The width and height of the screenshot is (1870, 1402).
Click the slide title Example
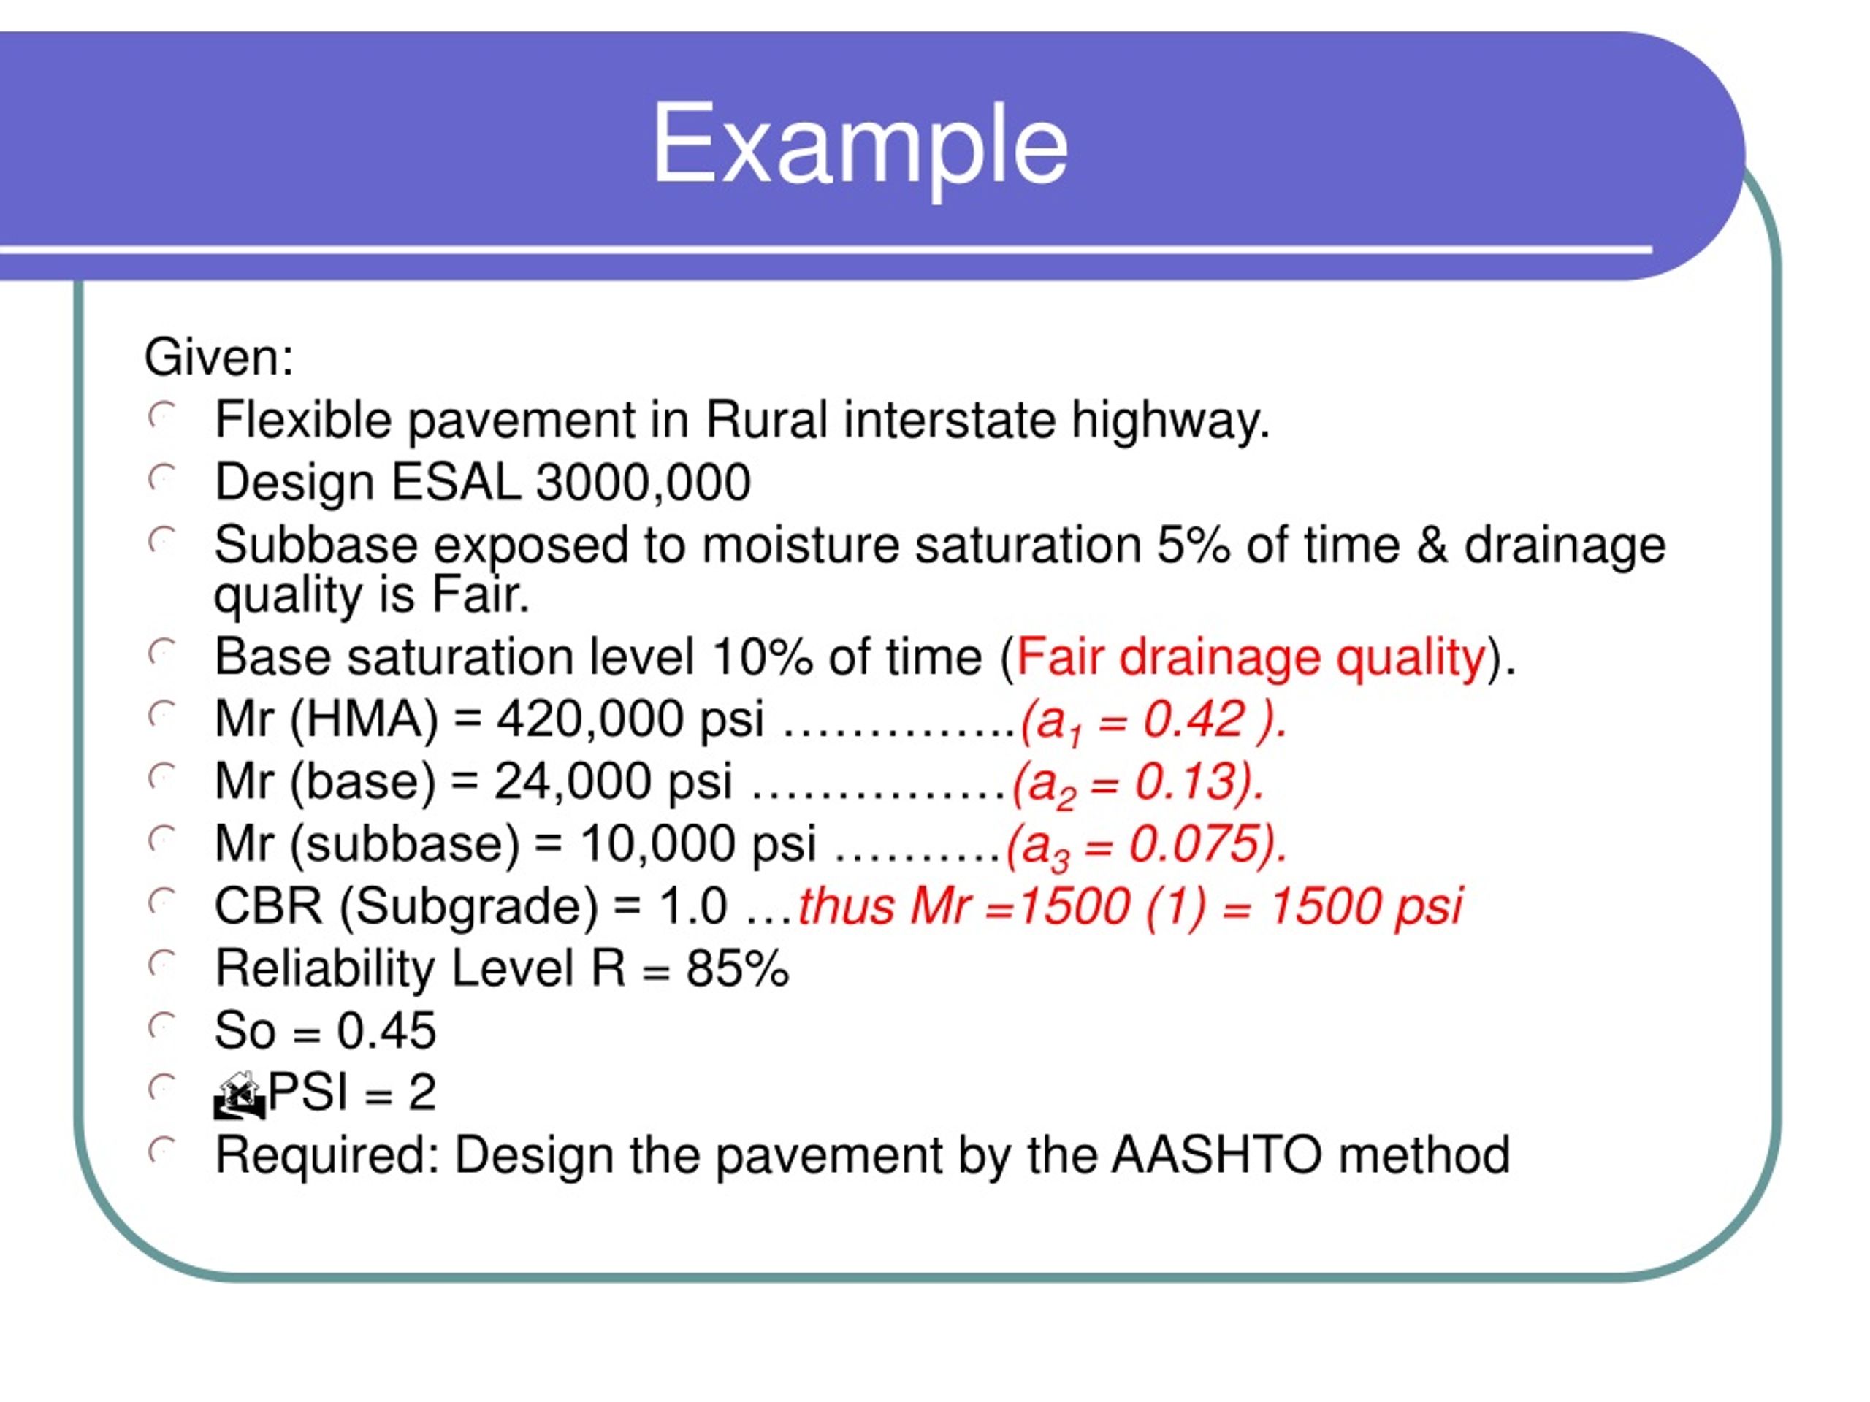[860, 144]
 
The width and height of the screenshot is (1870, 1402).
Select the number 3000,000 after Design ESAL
[644, 483]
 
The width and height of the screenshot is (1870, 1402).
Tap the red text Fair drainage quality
[1251, 656]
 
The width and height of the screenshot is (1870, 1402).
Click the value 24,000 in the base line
[573, 782]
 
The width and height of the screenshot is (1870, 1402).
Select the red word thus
[846, 906]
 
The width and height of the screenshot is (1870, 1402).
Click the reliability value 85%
[737, 968]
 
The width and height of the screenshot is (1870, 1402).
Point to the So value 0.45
[386, 1031]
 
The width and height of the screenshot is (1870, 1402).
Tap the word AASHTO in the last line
[1215, 1155]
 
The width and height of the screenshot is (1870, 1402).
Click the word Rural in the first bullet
[766, 420]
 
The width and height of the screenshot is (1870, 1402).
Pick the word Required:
[327, 1155]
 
